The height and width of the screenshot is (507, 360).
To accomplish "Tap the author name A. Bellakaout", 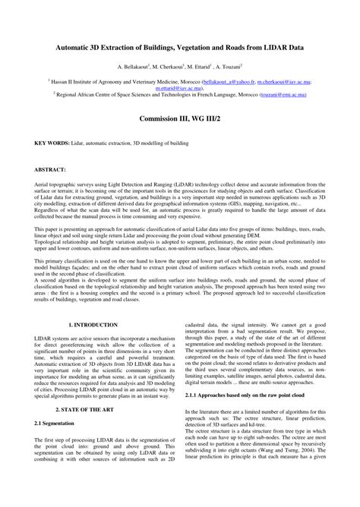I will [x=133, y=67].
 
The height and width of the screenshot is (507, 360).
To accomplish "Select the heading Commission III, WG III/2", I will [x=180, y=119].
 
